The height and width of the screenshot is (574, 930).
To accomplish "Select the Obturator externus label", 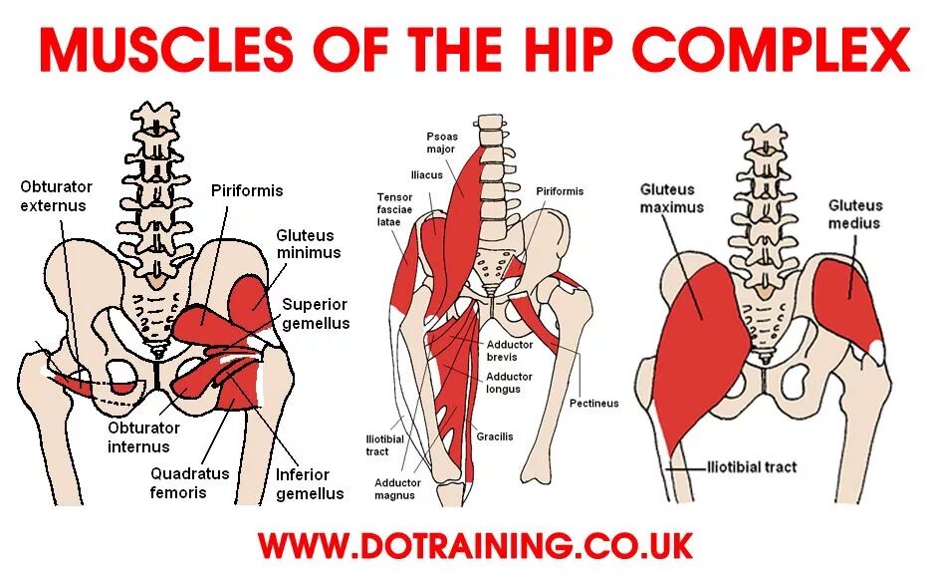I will pyautogui.click(x=56, y=196).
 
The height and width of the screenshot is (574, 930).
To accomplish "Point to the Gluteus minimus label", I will pyautogui.click(x=308, y=244).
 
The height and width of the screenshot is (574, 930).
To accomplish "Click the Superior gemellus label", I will pyautogui.click(x=316, y=313).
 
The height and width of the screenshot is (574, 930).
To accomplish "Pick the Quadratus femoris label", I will pyautogui.click(x=190, y=483).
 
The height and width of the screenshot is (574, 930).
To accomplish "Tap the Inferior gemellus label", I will pyautogui.click(x=310, y=483).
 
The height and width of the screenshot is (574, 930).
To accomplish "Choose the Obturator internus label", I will pyautogui.click(x=139, y=437).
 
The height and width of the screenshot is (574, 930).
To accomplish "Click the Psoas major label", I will pyautogui.click(x=440, y=143).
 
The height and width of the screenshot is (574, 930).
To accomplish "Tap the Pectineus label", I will pyautogui.click(x=593, y=404).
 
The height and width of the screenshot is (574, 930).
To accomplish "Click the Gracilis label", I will pyautogui.click(x=494, y=436).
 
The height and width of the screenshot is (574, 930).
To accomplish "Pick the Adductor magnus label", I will pyautogui.click(x=397, y=488).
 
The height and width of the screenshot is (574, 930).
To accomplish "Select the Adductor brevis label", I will pyautogui.click(x=509, y=351).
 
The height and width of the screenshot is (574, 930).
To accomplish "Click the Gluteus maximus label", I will pyautogui.click(x=671, y=198).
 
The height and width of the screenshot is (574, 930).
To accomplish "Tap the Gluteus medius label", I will pyautogui.click(x=855, y=214).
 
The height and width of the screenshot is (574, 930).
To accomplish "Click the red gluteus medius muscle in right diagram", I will pyautogui.click(x=846, y=299).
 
